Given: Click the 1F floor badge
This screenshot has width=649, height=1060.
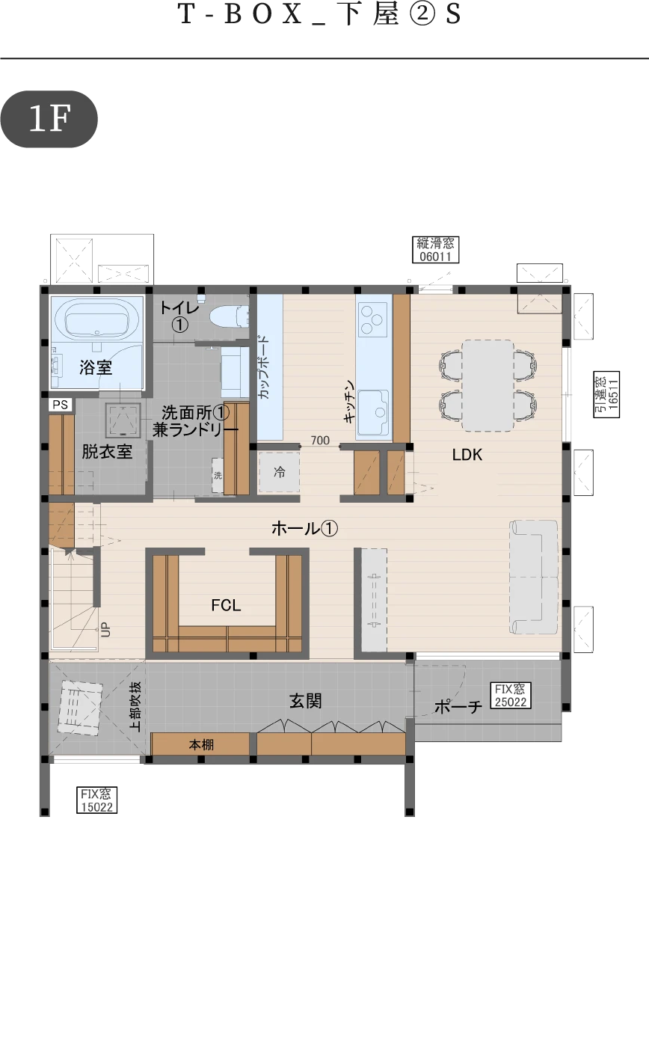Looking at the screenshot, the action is click(x=49, y=119).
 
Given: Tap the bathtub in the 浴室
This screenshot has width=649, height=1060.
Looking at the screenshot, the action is click(x=97, y=320).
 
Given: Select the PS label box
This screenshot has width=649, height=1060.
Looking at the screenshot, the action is click(x=61, y=405).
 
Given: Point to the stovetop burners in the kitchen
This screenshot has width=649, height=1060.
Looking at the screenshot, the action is click(x=373, y=319).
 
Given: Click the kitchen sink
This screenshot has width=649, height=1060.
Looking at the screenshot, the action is click(x=373, y=412).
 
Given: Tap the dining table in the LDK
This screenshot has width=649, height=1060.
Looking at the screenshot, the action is click(x=487, y=385).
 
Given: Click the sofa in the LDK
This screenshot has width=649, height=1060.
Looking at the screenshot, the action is click(x=534, y=577).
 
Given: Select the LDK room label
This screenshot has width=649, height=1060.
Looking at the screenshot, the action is click(x=467, y=455).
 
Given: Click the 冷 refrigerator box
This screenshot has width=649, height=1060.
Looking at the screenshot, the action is click(x=279, y=472).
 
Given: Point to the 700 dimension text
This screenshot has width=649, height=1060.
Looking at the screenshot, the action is click(x=320, y=441).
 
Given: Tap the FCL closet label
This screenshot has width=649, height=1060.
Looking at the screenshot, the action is click(x=226, y=605).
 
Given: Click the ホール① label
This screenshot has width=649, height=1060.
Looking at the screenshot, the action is click(x=304, y=528).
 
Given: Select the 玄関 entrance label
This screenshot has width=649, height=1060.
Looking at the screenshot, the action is click(x=306, y=701).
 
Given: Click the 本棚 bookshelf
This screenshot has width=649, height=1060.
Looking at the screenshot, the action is click(x=200, y=744).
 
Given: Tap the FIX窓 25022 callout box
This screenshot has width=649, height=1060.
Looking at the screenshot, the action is click(x=511, y=696).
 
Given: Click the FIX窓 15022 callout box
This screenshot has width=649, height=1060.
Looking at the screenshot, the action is click(x=97, y=800).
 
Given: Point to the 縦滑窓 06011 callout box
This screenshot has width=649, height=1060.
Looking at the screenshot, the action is click(x=436, y=250).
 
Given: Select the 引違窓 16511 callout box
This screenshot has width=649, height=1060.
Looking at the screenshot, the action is click(x=606, y=394).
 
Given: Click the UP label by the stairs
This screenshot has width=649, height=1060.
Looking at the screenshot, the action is click(x=105, y=629).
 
